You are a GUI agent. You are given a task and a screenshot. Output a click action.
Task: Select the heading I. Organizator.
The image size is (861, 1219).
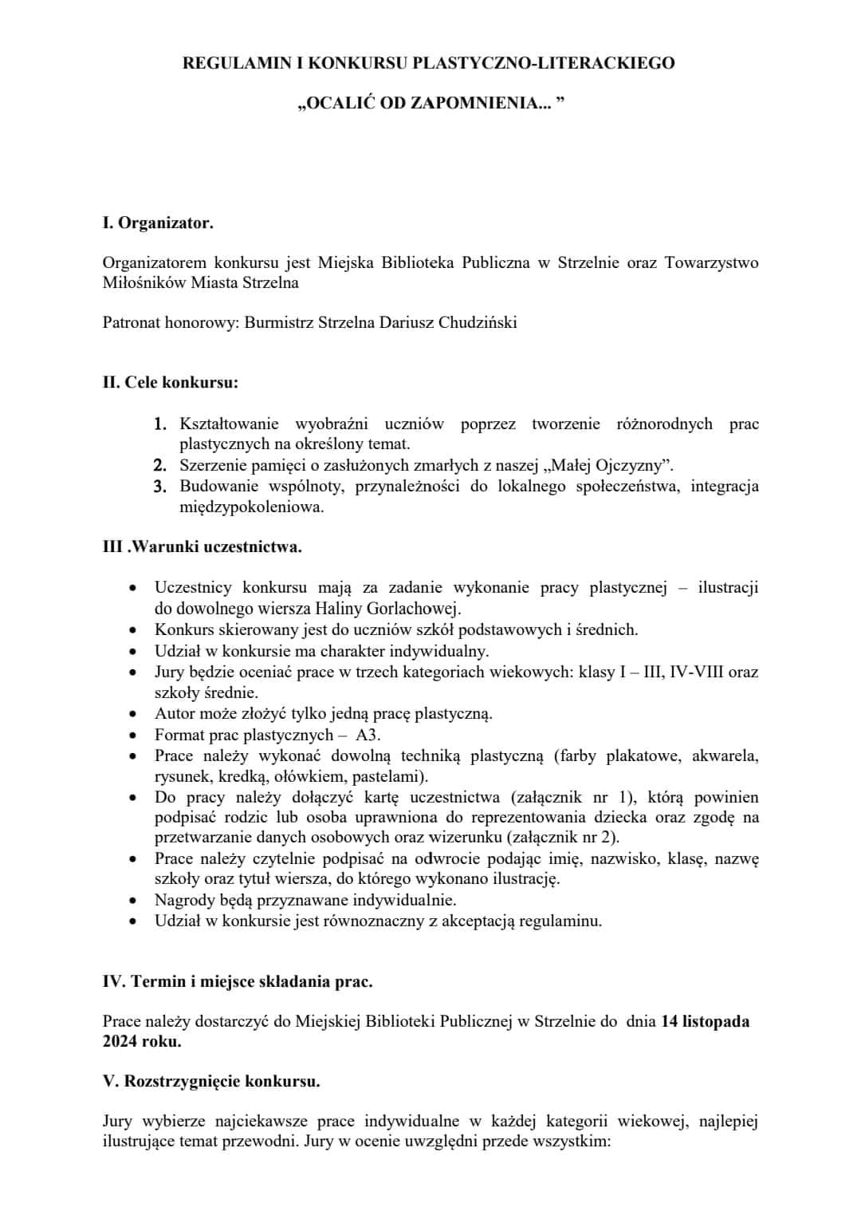coord(158,223)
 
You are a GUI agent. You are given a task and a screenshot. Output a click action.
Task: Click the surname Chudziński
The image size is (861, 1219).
coord(478,323)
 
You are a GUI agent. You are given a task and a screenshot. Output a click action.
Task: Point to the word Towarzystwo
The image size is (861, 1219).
coord(711,262)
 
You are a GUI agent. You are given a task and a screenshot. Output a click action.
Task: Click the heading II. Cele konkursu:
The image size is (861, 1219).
coord(171,382)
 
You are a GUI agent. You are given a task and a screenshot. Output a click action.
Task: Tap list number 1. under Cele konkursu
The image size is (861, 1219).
coord(160,424)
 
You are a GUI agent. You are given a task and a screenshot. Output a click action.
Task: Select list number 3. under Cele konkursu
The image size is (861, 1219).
coord(160,487)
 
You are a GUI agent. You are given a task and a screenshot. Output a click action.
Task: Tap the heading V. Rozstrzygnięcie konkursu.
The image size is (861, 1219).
coord(211,1082)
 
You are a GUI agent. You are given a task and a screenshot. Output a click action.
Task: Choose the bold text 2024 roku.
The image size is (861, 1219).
coord(142,1042)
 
